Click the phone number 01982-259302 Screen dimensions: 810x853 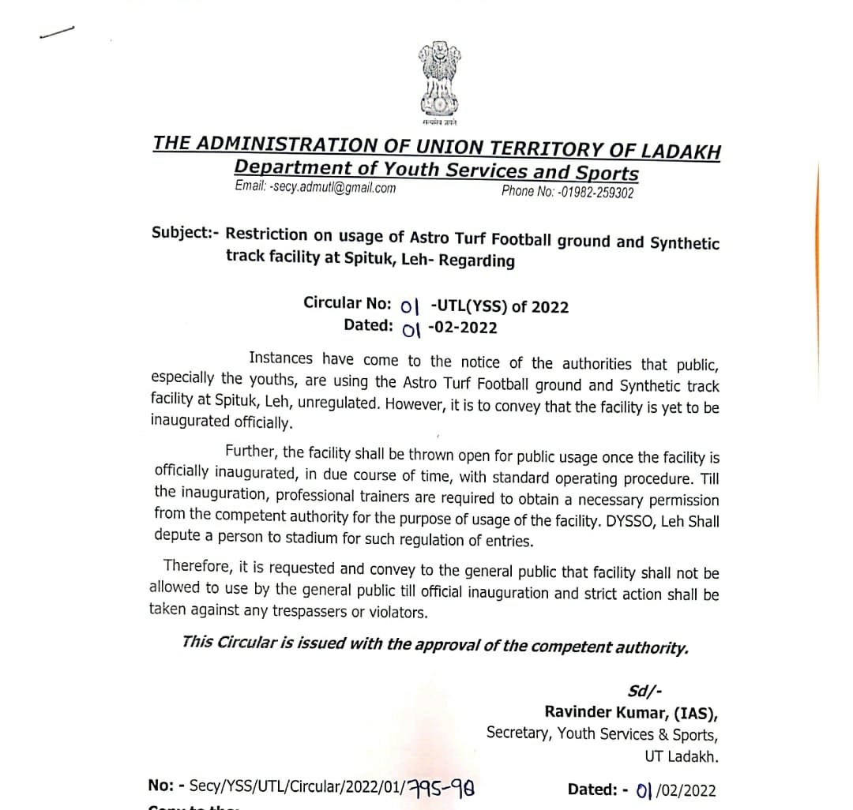(596, 192)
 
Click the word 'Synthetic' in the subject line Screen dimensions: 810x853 (684, 243)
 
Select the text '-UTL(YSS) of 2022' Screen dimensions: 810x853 (500, 307)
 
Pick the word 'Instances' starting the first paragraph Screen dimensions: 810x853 (280, 358)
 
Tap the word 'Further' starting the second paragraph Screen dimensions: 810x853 (250, 452)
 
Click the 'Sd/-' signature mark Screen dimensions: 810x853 (639, 692)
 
